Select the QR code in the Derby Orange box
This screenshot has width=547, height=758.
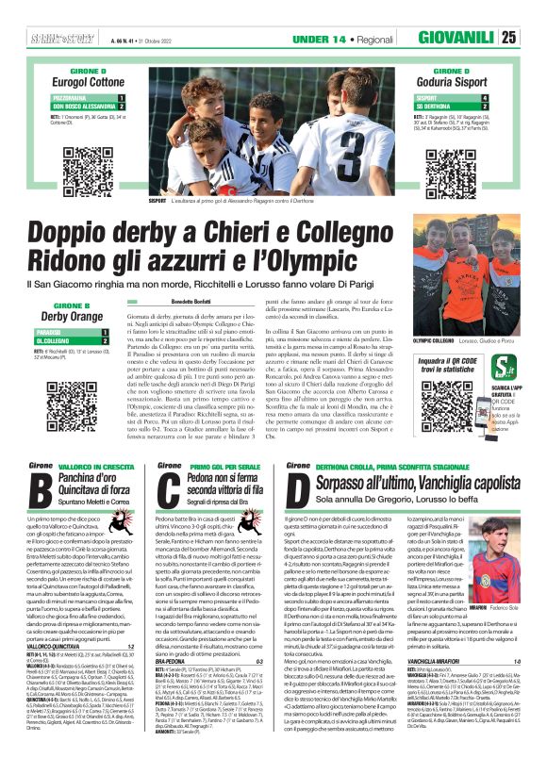pyautogui.click(x=87, y=391)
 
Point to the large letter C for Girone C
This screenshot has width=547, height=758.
pyautogui.click(x=166, y=490)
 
